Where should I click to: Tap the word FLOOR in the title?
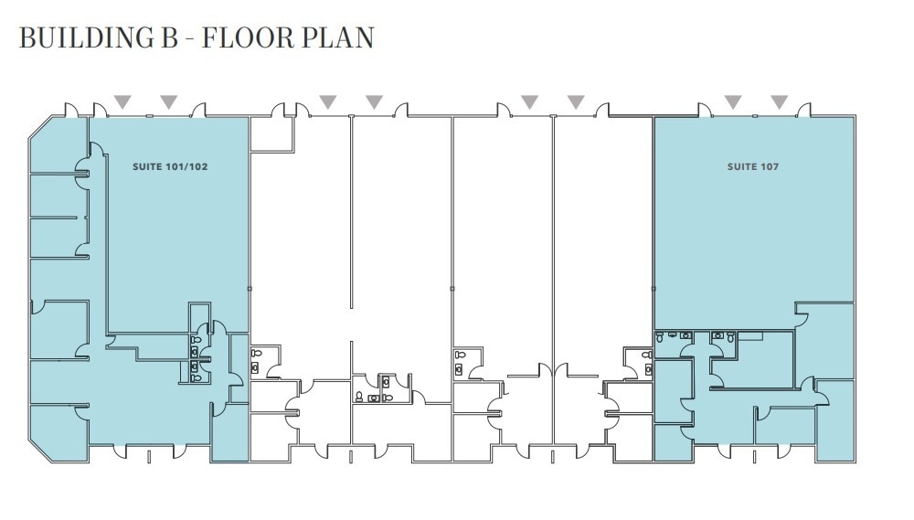click(x=248, y=37)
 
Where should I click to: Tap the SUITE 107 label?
click(x=753, y=167)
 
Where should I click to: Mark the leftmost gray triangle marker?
click(x=122, y=101)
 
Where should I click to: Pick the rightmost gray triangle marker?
click(x=779, y=101)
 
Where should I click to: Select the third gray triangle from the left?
click(x=327, y=101)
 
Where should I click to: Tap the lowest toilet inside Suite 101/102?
click(x=196, y=376)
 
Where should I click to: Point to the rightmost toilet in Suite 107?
click(x=718, y=335)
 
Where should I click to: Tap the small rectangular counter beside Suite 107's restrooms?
click(x=752, y=336)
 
